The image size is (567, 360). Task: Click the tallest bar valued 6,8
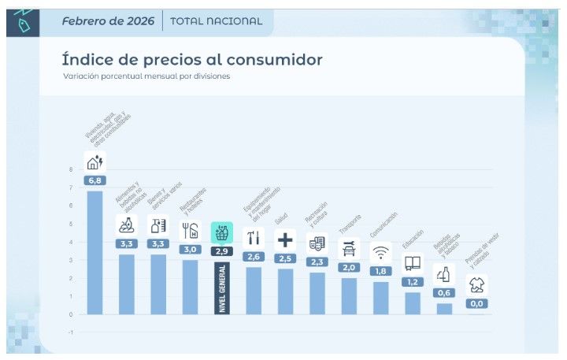[94, 252]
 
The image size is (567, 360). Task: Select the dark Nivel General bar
[221, 288]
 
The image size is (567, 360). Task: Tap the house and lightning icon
[94, 162]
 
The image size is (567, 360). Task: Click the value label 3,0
[190, 250]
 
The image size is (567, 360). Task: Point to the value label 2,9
[221, 251]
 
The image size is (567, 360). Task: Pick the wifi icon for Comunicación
[380, 253]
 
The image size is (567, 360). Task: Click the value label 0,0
[476, 303]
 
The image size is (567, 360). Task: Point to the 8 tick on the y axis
[71, 169]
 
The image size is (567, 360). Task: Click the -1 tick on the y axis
[71, 332]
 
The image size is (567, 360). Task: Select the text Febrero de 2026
[108, 21]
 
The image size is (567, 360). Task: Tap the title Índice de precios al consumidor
[192, 60]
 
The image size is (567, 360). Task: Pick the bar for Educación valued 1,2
[413, 303]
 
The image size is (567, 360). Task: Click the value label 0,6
[444, 293]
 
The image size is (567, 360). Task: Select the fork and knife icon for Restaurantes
[190, 231]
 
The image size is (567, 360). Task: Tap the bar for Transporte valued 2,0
[349, 296]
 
